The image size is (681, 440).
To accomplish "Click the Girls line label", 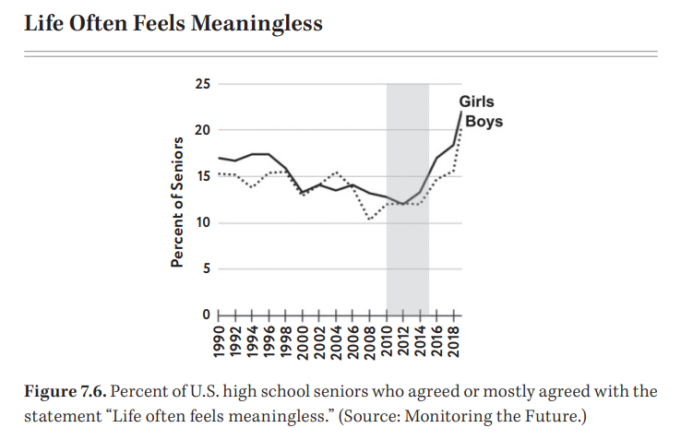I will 476,103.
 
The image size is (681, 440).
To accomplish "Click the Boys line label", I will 484,122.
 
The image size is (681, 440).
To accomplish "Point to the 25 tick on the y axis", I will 202,85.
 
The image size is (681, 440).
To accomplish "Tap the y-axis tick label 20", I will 202,130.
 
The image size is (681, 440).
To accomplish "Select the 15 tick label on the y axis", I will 202,176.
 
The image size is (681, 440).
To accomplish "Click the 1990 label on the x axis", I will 219,340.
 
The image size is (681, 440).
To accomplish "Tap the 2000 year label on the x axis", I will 304,340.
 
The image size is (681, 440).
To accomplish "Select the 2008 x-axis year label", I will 371,340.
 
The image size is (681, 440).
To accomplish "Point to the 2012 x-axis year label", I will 404,340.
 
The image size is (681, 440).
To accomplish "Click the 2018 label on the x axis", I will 455,340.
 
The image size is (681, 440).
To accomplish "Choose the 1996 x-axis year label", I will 269,340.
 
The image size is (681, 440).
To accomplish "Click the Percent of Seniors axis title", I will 175,200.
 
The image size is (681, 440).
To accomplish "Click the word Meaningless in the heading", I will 258,23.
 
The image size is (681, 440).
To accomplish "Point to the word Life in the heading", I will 43,23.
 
